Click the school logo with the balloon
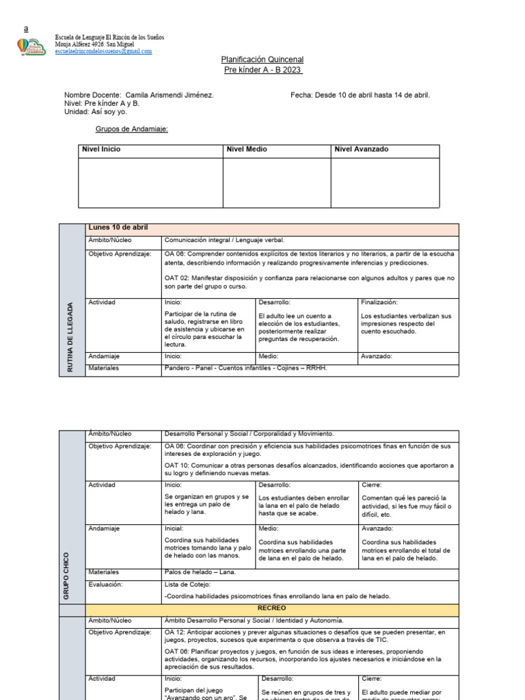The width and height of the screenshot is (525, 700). pyautogui.click(x=31, y=46)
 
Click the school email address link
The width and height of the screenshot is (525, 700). pyautogui.click(x=103, y=51)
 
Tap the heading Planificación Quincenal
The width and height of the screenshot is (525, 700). pyautogui.click(x=262, y=60)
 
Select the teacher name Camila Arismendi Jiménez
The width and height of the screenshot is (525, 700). pyautogui.click(x=170, y=95)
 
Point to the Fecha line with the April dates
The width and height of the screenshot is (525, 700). pyautogui.click(x=360, y=95)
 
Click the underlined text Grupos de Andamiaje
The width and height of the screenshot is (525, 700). pyautogui.click(x=131, y=129)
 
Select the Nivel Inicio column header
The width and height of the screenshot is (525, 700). pyautogui.click(x=101, y=149)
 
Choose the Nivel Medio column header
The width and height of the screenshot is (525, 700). pyautogui.click(x=246, y=149)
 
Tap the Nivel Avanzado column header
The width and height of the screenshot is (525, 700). pyautogui.click(x=361, y=149)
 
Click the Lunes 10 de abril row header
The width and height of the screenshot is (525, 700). pyautogui.click(x=118, y=228)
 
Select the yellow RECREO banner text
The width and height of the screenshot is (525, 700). pyautogui.click(x=271, y=608)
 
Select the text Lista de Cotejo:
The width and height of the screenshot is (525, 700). pyautogui.click(x=188, y=584)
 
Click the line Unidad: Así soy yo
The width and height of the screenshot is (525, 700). pyautogui.click(x=96, y=111)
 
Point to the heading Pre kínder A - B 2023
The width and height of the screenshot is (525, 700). pyautogui.click(x=262, y=70)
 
